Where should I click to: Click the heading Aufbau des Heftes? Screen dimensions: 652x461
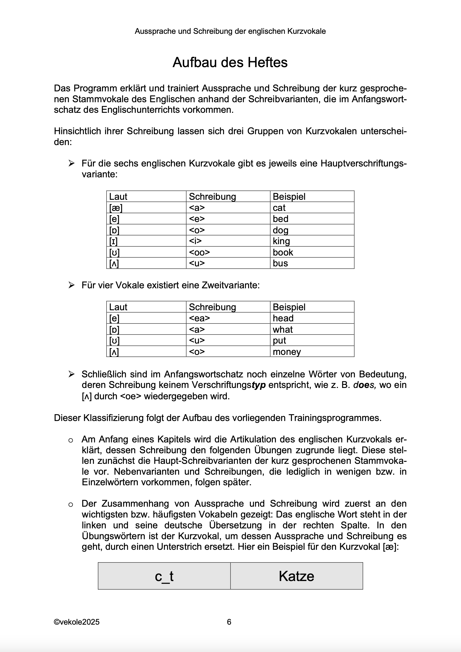pyautogui.click(x=230, y=62)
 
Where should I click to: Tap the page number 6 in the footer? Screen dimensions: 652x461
pyautogui.click(x=229, y=622)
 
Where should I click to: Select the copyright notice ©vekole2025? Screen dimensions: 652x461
pyautogui.click(x=77, y=622)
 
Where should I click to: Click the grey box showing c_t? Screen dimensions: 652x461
pyautogui.click(x=164, y=576)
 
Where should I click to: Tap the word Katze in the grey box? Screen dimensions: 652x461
pyautogui.click(x=296, y=576)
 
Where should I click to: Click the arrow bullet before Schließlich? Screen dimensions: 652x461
pyautogui.click(x=71, y=374)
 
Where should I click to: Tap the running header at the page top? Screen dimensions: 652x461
pyautogui.click(x=230, y=31)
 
